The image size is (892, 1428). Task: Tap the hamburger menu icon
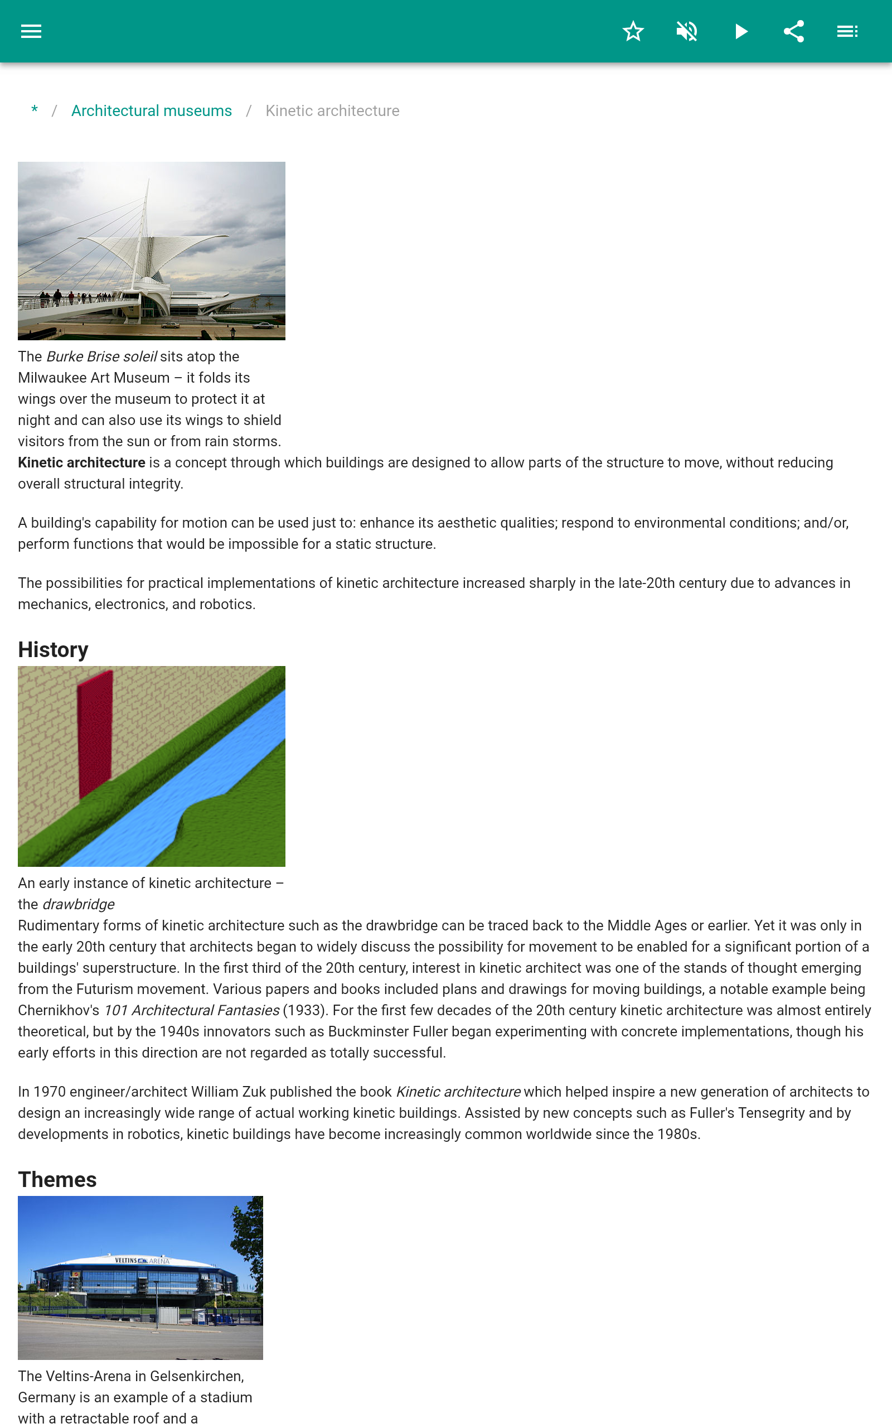31,31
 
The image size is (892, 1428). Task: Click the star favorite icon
633,31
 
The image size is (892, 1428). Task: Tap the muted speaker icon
687,31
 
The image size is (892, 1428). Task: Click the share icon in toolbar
793,31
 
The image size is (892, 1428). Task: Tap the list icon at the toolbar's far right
847,31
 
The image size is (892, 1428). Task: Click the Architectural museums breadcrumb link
152,111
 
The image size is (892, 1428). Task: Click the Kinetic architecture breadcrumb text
332,111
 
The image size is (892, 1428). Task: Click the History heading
53,650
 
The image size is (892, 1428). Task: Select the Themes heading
57,1180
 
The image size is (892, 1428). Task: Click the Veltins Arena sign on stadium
142,1261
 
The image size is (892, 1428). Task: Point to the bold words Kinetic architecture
81,462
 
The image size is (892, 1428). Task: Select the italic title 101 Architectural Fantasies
192,1010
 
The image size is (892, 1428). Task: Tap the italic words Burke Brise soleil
101,356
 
